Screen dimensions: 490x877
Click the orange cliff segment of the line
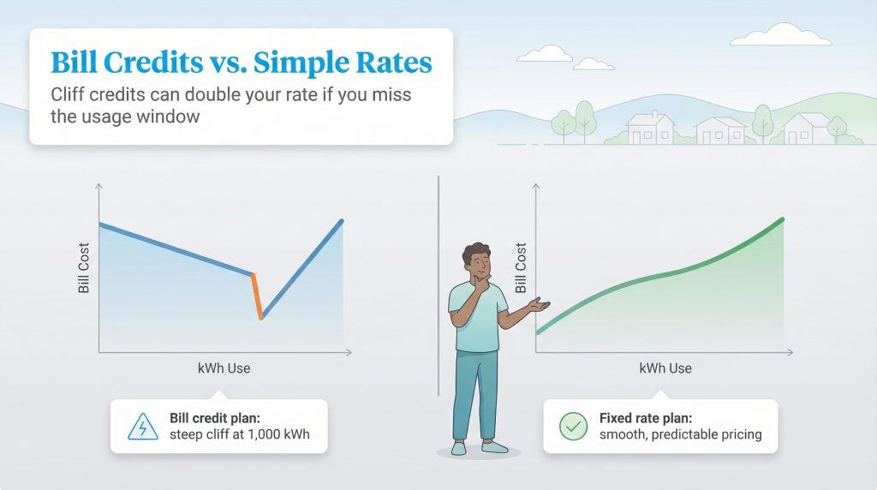pyautogui.click(x=258, y=296)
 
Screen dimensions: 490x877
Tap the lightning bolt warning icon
pyautogui.click(x=138, y=426)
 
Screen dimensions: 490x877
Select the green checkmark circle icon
pyautogui.click(x=570, y=426)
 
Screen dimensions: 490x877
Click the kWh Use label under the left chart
pyautogui.click(x=224, y=368)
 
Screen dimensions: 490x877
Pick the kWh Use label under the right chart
pyautogui.click(x=665, y=368)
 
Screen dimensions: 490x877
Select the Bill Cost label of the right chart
pyautogui.click(x=521, y=268)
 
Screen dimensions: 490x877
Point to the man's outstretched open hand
pyautogui.click(x=538, y=304)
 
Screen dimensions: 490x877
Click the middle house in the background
pyautogui.click(x=719, y=130)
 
